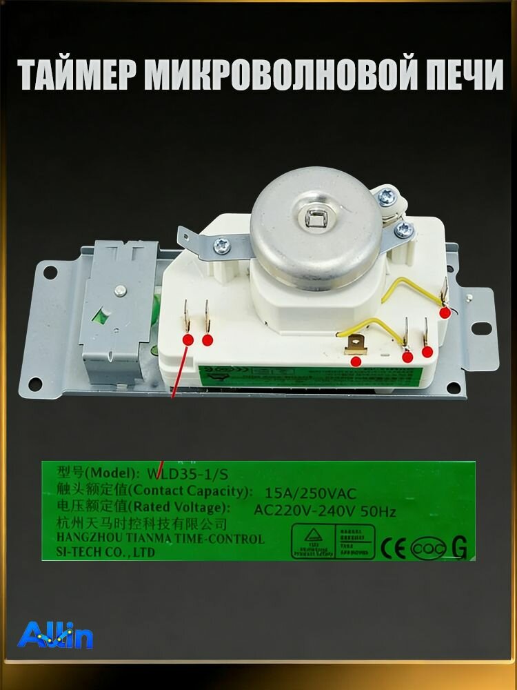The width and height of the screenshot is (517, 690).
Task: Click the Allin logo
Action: click(55, 635)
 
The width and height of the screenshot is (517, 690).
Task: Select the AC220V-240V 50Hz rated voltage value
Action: click(324, 511)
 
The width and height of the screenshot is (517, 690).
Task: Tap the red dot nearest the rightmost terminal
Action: click(445, 313)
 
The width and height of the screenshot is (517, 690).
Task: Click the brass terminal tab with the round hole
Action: click(356, 342)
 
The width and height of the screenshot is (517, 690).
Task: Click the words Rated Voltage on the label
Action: click(183, 509)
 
